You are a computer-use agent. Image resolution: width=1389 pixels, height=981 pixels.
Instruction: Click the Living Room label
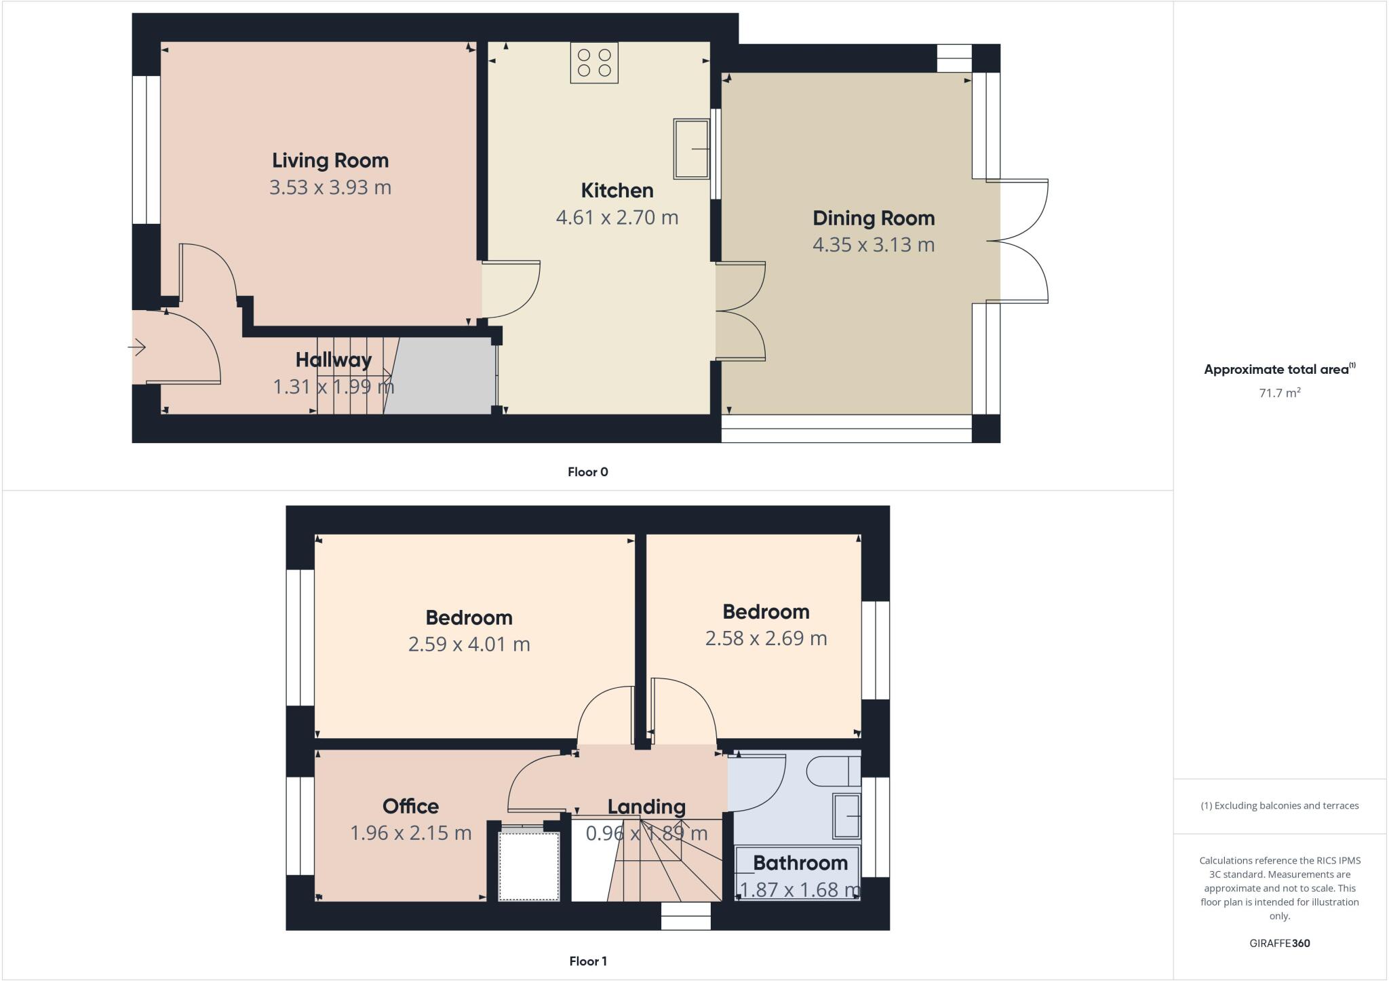pos(330,161)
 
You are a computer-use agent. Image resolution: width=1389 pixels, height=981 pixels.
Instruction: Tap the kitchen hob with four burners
pos(594,62)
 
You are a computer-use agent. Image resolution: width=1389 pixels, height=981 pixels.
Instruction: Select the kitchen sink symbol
pos(691,149)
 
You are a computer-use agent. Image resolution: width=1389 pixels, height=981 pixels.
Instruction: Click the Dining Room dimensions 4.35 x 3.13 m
pos(873,245)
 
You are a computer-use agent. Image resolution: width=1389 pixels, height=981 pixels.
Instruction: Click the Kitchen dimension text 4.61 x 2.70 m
pos(617,218)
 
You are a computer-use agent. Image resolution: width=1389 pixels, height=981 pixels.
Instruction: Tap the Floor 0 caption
pos(587,472)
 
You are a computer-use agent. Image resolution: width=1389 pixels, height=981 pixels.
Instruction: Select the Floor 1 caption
pos(587,961)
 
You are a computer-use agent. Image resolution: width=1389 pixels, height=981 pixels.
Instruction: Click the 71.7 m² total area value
pos(1279,393)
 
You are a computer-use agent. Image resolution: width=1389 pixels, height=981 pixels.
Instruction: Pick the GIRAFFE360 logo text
pos(1279,944)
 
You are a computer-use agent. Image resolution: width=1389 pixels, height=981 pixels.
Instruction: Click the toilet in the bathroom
pos(832,771)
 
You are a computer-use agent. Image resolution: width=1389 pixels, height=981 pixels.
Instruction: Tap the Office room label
pos(410,807)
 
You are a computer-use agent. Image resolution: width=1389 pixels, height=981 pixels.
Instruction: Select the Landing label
pos(646,807)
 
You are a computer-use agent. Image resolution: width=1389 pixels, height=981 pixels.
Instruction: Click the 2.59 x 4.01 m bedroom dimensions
pos(469,645)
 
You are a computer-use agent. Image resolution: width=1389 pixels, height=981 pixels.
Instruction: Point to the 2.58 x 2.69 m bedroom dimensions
pos(766,638)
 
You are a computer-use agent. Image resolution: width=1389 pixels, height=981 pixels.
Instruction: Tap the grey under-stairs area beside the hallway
pos(441,377)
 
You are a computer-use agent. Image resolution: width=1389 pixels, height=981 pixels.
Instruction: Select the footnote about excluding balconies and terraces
pos(1279,806)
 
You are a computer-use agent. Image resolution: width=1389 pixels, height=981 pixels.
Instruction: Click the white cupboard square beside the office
pos(529,866)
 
